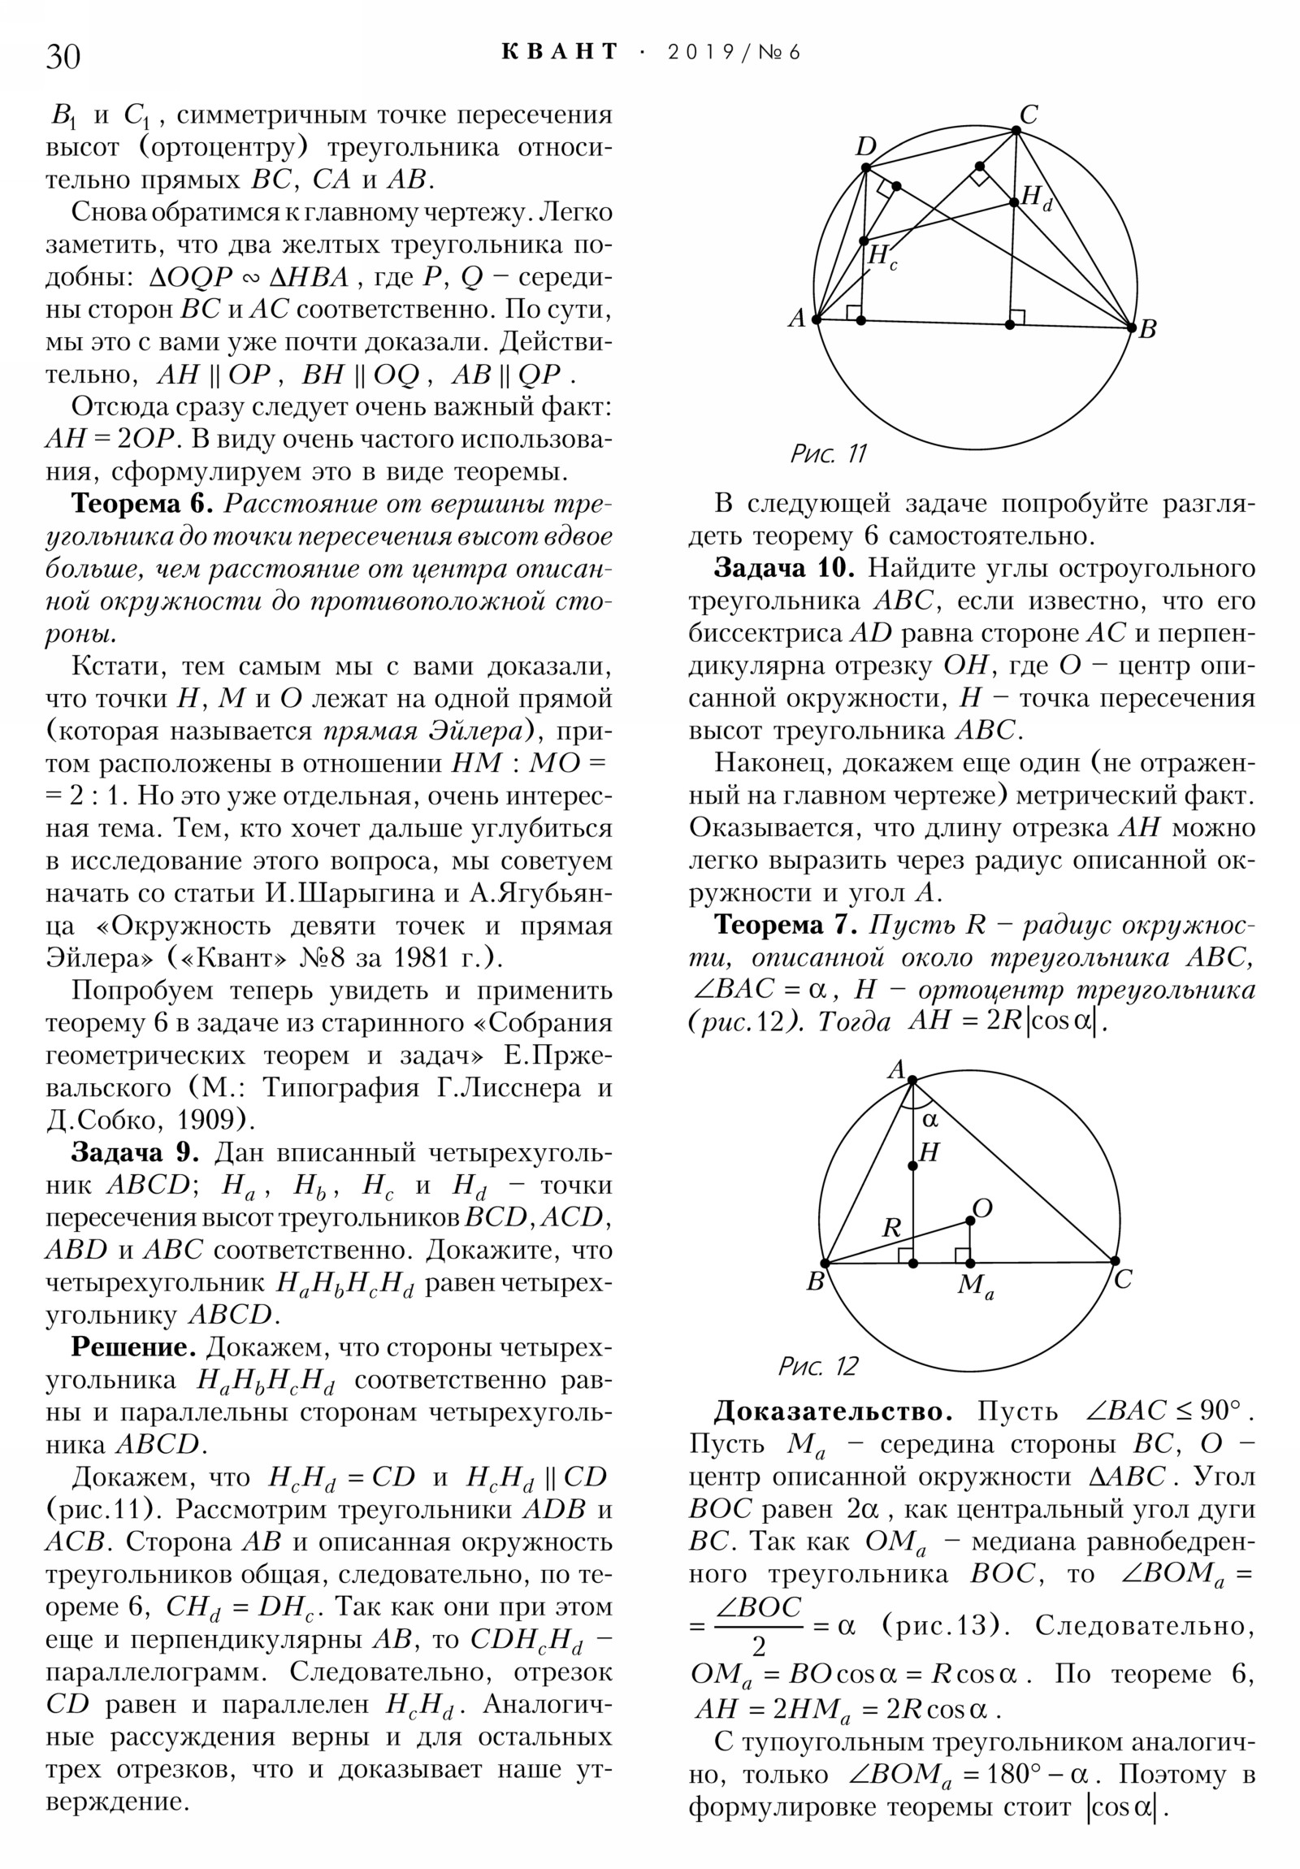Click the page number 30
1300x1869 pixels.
63,57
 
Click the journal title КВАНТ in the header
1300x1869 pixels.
560,52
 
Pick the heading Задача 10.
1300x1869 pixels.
783,568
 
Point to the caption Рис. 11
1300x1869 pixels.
829,453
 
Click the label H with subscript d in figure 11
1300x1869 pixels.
1036,197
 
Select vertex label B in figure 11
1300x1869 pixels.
1148,329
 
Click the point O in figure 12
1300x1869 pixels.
969,1221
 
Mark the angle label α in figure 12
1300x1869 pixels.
929,1119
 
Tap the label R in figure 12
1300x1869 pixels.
892,1229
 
